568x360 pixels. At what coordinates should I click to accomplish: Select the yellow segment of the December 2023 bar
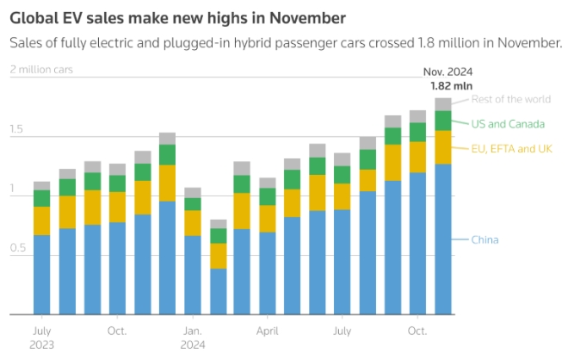(168, 183)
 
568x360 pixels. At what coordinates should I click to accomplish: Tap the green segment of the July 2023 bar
(41, 198)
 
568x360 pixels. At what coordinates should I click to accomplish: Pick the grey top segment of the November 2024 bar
(443, 104)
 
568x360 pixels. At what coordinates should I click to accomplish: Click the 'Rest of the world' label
(511, 99)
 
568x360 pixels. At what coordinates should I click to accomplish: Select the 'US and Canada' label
(508, 124)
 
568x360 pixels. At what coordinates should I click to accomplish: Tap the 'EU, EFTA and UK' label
(511, 150)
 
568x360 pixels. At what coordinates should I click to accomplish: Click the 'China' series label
(485, 239)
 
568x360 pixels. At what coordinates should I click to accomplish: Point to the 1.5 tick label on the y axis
(18, 130)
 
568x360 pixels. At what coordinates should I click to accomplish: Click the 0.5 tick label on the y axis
(18, 249)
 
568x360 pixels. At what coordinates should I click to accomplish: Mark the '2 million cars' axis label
(40, 70)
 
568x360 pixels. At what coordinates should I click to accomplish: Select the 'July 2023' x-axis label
(42, 337)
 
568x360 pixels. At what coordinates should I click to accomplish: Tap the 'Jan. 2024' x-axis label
(193, 337)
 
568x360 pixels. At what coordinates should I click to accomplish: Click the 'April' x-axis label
(268, 331)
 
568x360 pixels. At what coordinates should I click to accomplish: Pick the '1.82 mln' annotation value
(451, 86)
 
